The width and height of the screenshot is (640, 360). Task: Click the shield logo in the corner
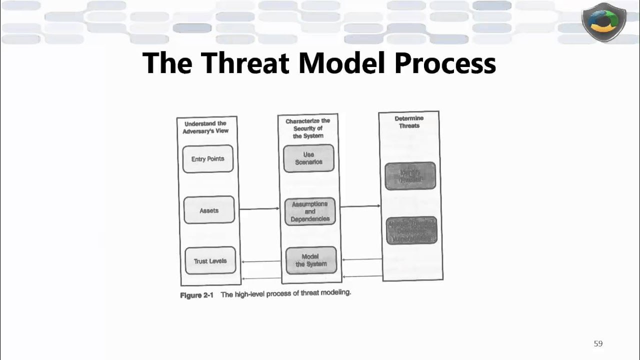[x=603, y=22]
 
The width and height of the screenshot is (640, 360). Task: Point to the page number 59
[x=598, y=343]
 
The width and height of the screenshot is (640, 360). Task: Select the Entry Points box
[x=207, y=159]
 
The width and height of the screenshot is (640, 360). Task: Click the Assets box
[x=209, y=210]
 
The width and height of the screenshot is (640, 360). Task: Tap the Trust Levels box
[x=210, y=260]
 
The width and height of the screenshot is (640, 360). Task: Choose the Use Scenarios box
[x=308, y=158]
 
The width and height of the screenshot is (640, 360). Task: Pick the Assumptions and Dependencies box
[x=310, y=211]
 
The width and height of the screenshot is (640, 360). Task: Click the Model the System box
[x=311, y=260]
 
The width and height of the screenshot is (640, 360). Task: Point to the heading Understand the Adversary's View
[x=205, y=127]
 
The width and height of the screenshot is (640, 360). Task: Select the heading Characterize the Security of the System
[x=308, y=128]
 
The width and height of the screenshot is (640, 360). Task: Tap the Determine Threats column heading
[x=409, y=122]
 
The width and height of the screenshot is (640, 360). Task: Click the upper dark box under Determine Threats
[x=410, y=175]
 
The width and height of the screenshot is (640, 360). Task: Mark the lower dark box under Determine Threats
[x=411, y=230]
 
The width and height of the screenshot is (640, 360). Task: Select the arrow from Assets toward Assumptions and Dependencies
[x=259, y=208]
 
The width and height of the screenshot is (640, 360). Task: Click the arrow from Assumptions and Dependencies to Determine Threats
[x=359, y=205]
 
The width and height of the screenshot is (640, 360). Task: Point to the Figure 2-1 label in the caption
[x=196, y=295]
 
